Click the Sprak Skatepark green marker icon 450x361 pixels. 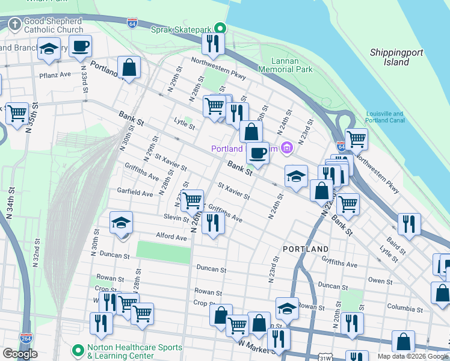[x=220, y=28]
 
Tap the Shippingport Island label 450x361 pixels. [x=396, y=57]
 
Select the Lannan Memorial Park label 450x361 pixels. [x=285, y=65]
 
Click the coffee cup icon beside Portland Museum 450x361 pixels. [x=258, y=154]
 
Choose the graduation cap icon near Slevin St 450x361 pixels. [x=121, y=224]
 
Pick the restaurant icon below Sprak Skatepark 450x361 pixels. [x=213, y=43]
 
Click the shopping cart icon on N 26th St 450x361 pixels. [x=192, y=200]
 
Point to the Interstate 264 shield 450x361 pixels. [x=26, y=338]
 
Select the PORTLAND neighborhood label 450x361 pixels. [x=306, y=248]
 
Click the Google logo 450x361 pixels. [x=20, y=354]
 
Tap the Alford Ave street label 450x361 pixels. [x=171, y=236]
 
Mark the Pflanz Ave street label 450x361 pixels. [x=56, y=75]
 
